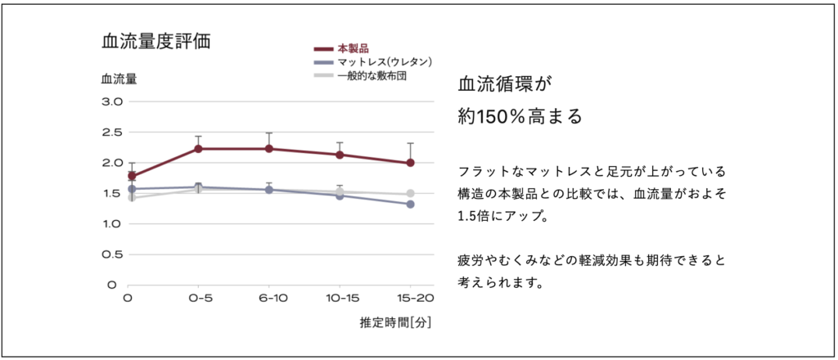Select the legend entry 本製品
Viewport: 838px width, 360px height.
(353, 49)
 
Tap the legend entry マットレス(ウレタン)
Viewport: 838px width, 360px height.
(384, 62)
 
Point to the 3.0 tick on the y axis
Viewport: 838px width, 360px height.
(111, 101)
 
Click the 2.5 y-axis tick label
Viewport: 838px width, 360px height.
(111, 132)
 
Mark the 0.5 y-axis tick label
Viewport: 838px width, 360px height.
(111, 254)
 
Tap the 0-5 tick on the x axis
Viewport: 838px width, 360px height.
(198, 299)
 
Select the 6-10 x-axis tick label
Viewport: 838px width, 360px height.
(268, 299)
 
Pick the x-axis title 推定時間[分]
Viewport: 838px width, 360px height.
(395, 322)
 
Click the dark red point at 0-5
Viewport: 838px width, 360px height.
(198, 149)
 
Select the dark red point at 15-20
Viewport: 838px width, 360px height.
(410, 163)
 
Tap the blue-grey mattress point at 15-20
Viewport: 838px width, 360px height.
(410, 204)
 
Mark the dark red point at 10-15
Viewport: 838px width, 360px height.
(340, 155)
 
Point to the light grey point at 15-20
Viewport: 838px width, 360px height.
(410, 194)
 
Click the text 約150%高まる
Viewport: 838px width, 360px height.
(520, 116)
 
